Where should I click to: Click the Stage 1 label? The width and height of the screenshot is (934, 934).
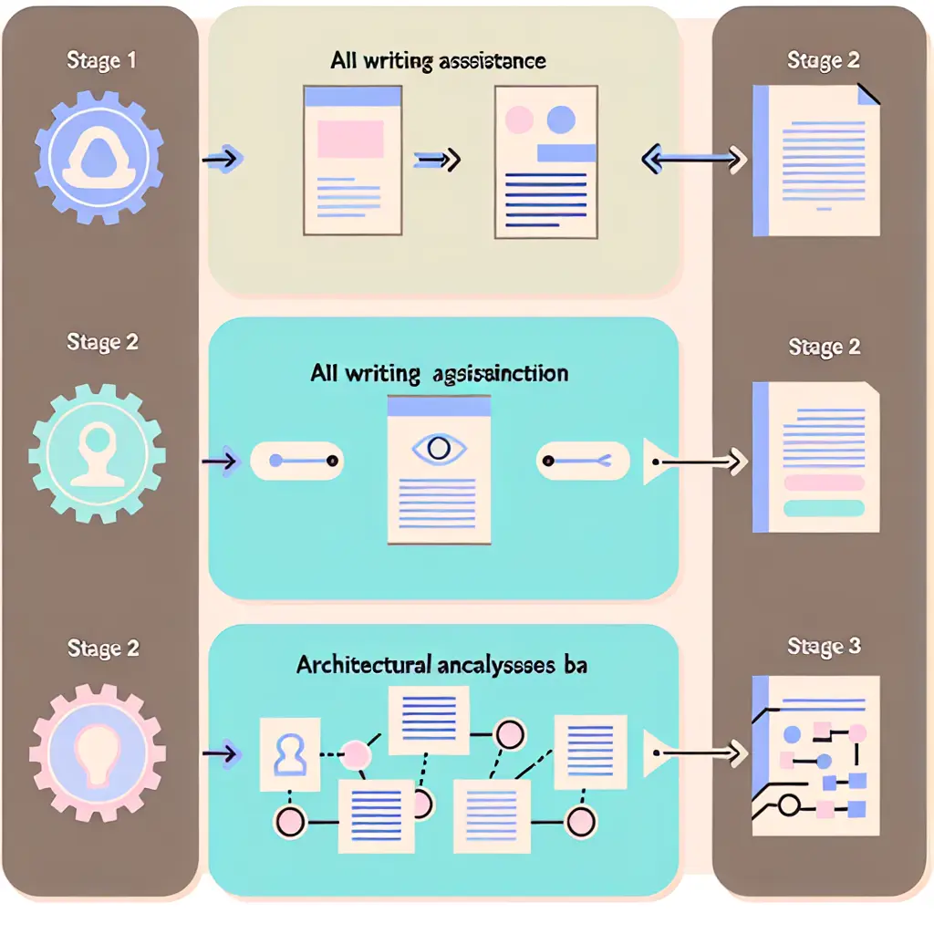coord(102,62)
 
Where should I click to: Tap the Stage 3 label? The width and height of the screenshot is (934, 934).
coord(824,647)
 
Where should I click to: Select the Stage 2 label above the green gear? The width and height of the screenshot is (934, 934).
coord(102,342)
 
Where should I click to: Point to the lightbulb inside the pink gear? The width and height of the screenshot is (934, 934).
coord(97,752)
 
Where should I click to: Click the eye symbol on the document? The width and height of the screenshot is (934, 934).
coord(439,449)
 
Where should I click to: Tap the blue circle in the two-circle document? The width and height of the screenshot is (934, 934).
coord(559,119)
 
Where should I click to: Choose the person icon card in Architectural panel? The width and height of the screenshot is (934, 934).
coord(289,753)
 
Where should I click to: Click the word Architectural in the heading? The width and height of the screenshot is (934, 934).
coord(362,665)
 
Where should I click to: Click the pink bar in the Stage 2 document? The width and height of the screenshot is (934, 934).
coord(823,483)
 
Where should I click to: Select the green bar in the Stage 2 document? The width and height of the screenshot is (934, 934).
coord(823,508)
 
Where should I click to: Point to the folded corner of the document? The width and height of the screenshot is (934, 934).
coord(867,94)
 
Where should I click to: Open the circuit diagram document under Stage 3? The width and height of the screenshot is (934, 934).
coord(815,754)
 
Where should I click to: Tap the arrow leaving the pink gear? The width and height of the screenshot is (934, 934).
coord(221,752)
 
